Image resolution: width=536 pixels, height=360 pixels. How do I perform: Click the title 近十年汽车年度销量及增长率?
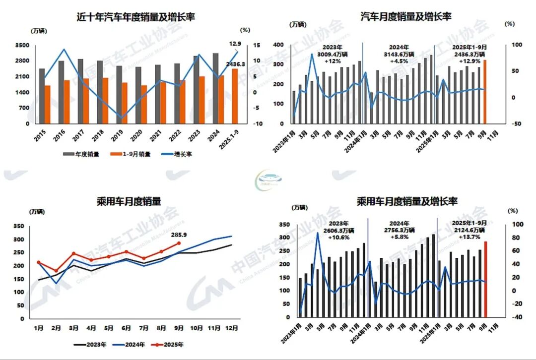135,17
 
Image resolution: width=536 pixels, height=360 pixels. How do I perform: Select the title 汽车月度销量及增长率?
405,16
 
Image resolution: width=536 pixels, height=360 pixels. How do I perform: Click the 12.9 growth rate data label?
235,44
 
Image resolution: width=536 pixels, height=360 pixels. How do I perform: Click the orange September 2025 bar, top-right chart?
484,92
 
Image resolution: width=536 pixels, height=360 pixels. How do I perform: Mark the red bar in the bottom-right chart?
486,279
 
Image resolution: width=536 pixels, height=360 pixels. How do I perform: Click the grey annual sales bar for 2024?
215,88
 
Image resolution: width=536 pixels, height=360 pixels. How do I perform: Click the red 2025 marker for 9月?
179,243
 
